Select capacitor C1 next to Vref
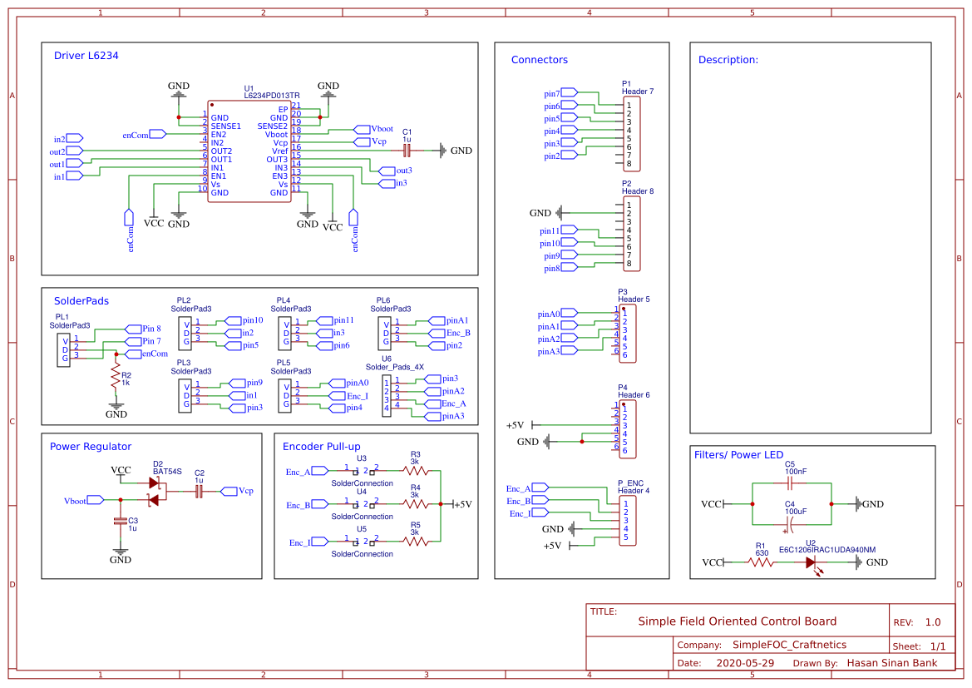click(x=407, y=151)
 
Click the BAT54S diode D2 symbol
click(x=154, y=491)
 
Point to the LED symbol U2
click(x=811, y=563)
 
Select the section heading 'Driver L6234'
click(x=86, y=56)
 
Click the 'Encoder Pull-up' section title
click(x=322, y=446)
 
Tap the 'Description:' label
click(x=728, y=60)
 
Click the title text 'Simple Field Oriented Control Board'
click(x=737, y=621)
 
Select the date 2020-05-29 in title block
click(x=744, y=663)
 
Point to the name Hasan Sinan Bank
click(x=891, y=663)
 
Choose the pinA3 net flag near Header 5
click(x=567, y=351)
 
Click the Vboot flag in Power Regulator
click(x=96, y=500)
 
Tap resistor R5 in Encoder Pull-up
click(x=416, y=542)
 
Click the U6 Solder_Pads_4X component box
click(x=386, y=396)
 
